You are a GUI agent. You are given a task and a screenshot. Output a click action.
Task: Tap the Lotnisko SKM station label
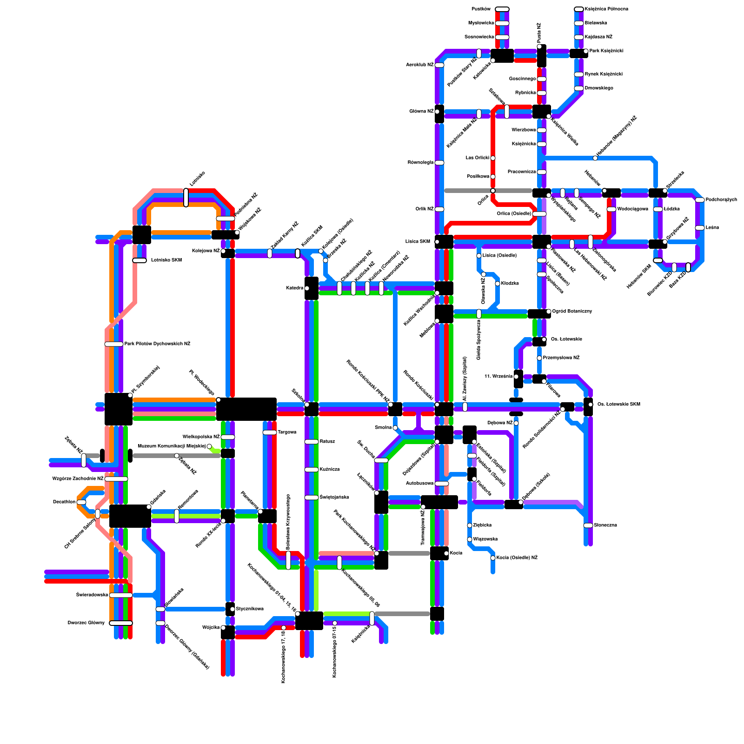pyautogui.click(x=166, y=260)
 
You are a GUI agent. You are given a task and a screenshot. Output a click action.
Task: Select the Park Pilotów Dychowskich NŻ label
pyautogui.click(x=157, y=344)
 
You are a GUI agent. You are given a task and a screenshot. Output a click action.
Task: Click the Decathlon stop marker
pyautogui.click(x=81, y=502)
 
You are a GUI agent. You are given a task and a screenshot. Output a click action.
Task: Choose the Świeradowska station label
pyautogui.click(x=92, y=595)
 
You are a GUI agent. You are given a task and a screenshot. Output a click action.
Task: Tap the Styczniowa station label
pyautogui.click(x=250, y=609)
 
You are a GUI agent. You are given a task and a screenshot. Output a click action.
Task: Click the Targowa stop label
pyautogui.click(x=287, y=432)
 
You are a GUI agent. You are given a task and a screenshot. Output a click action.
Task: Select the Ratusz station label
pyautogui.click(x=327, y=442)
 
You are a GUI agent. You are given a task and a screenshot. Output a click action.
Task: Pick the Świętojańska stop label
pyautogui.click(x=334, y=498)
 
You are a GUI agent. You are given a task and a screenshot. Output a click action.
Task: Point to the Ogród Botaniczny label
pyautogui.click(x=572, y=312)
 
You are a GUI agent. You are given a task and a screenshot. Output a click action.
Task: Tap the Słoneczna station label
pyautogui.click(x=605, y=525)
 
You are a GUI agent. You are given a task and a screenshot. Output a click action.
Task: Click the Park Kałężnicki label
pyautogui.click(x=606, y=51)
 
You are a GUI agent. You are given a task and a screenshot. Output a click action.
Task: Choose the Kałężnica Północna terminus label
pyautogui.click(x=606, y=9)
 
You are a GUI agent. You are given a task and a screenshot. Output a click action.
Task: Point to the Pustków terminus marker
pyautogui.click(x=502, y=9)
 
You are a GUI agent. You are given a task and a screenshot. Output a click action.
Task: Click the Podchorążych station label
pyautogui.click(x=721, y=200)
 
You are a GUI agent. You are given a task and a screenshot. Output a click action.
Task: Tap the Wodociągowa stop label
pyautogui.click(x=632, y=209)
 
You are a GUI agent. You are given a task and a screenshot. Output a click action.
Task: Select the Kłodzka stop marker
pyautogui.click(x=498, y=284)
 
